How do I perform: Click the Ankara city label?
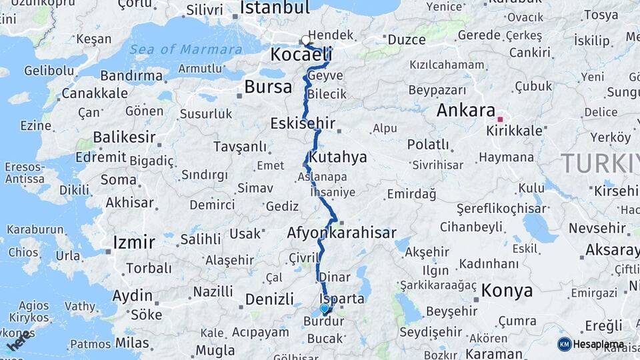(466, 110)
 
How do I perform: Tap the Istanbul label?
(275, 8)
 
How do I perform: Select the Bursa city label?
(268, 87)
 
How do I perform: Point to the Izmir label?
(134, 241)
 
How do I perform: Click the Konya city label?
(507, 291)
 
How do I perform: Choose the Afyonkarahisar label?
(341, 233)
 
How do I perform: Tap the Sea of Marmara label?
(186, 49)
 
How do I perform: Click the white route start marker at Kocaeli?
(305, 40)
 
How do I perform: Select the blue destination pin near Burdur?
(325, 309)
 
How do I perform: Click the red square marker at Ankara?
(500, 119)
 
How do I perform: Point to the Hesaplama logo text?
(598, 345)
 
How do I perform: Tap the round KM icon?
(564, 344)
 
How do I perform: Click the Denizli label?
(269, 299)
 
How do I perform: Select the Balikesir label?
(124, 137)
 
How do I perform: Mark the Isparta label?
(342, 298)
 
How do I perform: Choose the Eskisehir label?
(303, 123)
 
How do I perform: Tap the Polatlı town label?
(428, 144)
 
